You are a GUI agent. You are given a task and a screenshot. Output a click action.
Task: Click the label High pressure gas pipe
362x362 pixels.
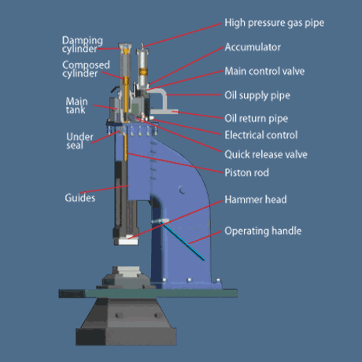point(275,23)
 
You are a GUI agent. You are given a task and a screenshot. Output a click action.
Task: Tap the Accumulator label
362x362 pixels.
point(253,47)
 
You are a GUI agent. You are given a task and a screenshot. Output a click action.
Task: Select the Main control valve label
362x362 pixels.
point(264,71)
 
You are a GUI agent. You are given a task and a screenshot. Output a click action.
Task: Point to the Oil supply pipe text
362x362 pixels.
point(257,95)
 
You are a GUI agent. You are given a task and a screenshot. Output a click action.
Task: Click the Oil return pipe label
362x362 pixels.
point(257,119)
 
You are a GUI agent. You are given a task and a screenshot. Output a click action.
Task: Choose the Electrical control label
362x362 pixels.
point(261,135)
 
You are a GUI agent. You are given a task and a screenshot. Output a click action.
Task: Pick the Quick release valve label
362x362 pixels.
point(266,154)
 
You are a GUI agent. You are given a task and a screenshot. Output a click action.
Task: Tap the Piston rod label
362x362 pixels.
point(247,172)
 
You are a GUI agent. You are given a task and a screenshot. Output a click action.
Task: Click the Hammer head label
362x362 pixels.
point(256,200)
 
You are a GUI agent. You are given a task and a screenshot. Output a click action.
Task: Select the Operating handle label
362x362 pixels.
point(263,231)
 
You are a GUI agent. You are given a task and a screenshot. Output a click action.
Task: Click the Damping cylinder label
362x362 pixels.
point(83,45)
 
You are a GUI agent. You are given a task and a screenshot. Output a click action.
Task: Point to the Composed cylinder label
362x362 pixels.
point(86,69)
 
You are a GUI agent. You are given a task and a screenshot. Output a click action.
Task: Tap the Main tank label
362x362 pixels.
point(76,105)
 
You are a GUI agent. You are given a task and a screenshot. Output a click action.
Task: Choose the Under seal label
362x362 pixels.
point(79,141)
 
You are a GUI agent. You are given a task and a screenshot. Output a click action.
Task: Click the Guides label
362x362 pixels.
point(80,198)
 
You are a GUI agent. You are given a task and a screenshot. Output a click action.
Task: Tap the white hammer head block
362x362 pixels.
point(128,240)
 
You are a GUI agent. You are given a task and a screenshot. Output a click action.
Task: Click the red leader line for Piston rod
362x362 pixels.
point(175,163)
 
